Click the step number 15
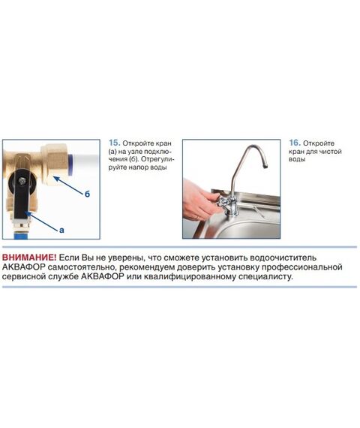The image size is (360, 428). (114, 143)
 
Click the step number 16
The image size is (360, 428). (295, 143)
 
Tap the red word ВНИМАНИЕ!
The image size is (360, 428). (29, 258)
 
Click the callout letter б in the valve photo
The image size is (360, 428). (87, 194)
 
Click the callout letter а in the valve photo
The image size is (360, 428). (61, 230)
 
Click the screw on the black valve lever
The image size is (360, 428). (21, 180)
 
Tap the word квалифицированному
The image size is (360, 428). (190, 276)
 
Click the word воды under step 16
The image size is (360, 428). (297, 159)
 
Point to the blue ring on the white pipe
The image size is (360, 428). (70, 164)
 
